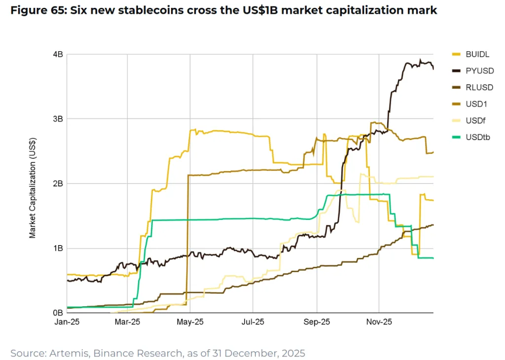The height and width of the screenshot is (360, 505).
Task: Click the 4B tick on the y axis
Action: point(57,54)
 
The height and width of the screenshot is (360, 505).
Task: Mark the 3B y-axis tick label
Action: point(57,119)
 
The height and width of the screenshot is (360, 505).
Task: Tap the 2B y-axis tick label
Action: point(57,183)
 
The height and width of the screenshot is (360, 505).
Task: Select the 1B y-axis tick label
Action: point(57,248)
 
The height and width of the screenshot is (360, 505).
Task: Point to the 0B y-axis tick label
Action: point(57,313)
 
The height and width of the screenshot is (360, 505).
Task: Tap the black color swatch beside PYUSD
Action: point(457,71)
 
